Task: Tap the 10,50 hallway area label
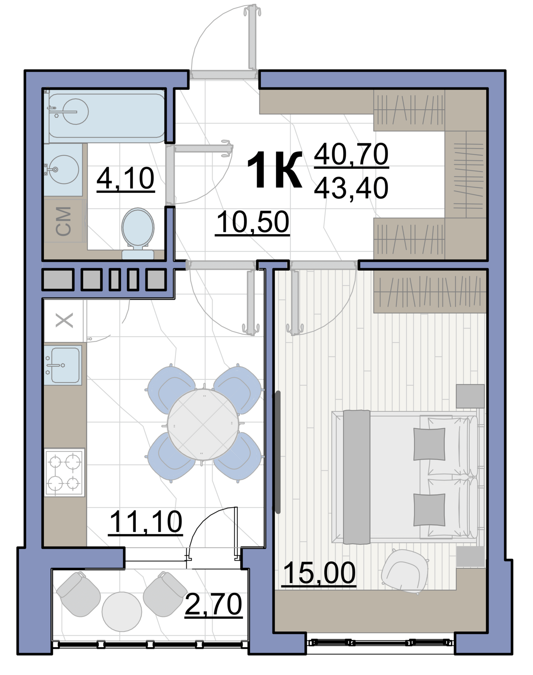(253, 222)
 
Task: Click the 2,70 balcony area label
(213, 604)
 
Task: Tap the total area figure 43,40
(351, 188)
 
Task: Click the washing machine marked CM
(64, 221)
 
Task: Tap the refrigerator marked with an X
(64, 320)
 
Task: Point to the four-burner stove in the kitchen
(64, 472)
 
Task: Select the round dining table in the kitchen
(203, 424)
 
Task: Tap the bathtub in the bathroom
(106, 116)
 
